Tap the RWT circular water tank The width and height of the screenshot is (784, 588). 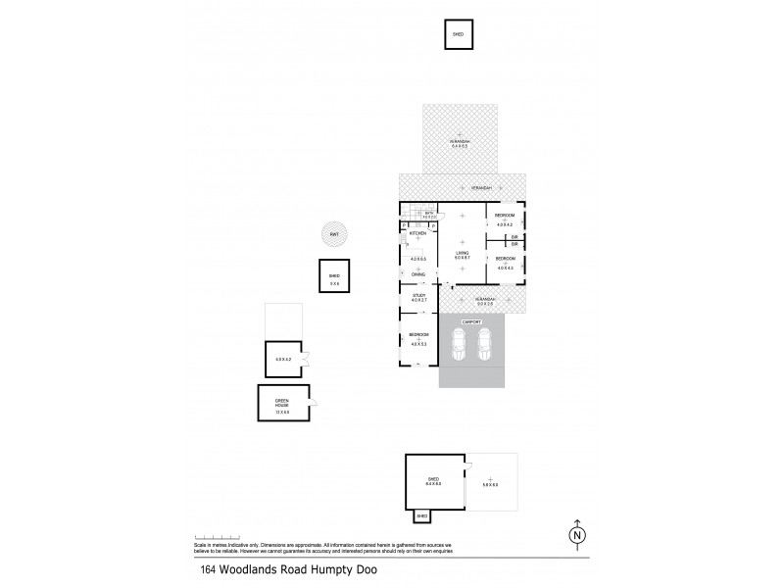(334, 235)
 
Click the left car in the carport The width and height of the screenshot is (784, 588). (458, 343)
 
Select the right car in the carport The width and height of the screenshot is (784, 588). (484, 343)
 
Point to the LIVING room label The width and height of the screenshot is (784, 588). (462, 253)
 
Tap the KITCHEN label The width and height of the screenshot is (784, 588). (416, 234)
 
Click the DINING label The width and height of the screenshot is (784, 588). (417, 273)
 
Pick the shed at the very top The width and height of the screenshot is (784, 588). (458, 33)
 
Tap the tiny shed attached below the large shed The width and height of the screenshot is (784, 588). (422, 515)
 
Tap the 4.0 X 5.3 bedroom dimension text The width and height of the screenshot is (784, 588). (417, 344)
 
